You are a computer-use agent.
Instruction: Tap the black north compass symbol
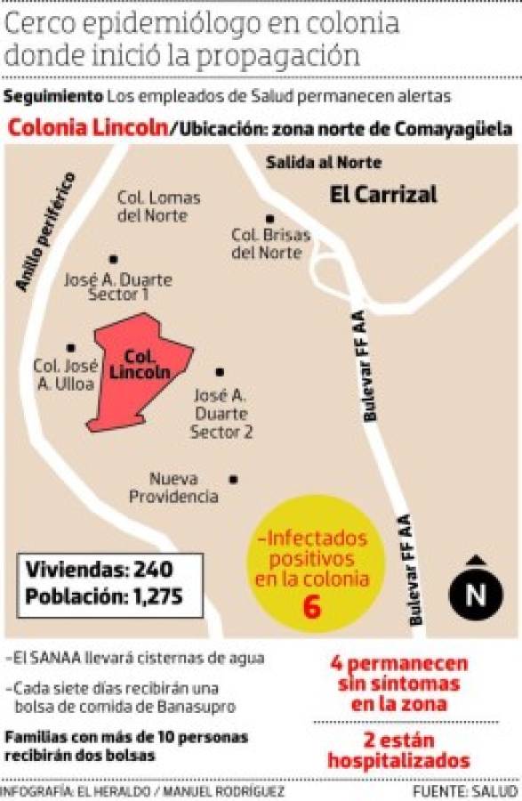coord(476,592)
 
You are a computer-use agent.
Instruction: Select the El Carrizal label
coord(383,194)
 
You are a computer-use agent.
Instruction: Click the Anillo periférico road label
coord(44,231)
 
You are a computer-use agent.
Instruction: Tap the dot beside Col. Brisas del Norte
coord(269,218)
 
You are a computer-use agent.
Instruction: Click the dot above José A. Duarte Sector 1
coord(113,259)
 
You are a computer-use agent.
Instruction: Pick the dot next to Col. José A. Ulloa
coord(71,348)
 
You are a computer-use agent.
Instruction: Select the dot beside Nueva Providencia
coord(233,479)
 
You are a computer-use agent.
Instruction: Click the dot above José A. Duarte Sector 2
coord(220,372)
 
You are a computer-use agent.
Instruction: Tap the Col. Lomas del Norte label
coord(158,206)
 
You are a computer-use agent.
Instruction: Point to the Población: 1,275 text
coord(103,595)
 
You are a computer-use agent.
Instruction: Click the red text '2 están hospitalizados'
coord(398,750)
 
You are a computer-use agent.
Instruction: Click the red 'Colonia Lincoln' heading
coord(88,128)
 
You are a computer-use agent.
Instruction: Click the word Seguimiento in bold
coord(53,96)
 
